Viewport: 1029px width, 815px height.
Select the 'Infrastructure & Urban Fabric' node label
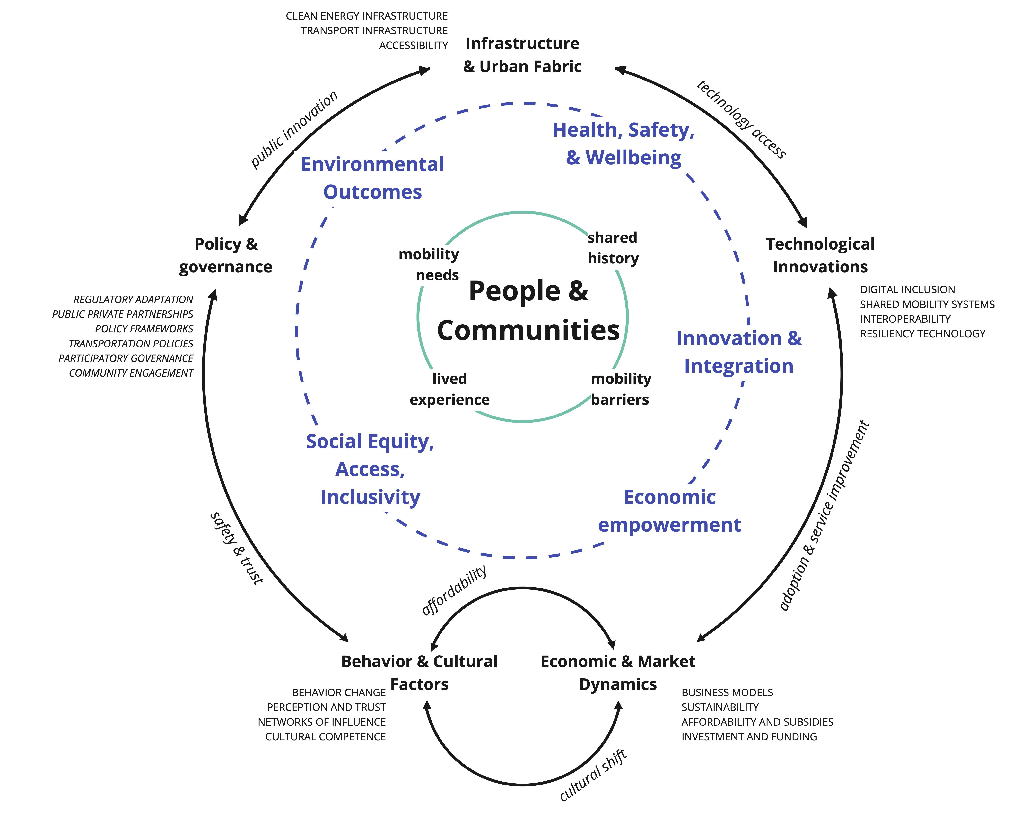(522, 55)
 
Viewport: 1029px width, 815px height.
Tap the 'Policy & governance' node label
(226, 255)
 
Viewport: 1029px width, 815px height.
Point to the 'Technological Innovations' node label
(820, 255)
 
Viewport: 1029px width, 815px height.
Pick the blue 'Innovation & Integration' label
(739, 352)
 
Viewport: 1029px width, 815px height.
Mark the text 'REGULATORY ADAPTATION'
(133, 300)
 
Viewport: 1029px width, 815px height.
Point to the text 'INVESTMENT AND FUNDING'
(749, 737)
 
